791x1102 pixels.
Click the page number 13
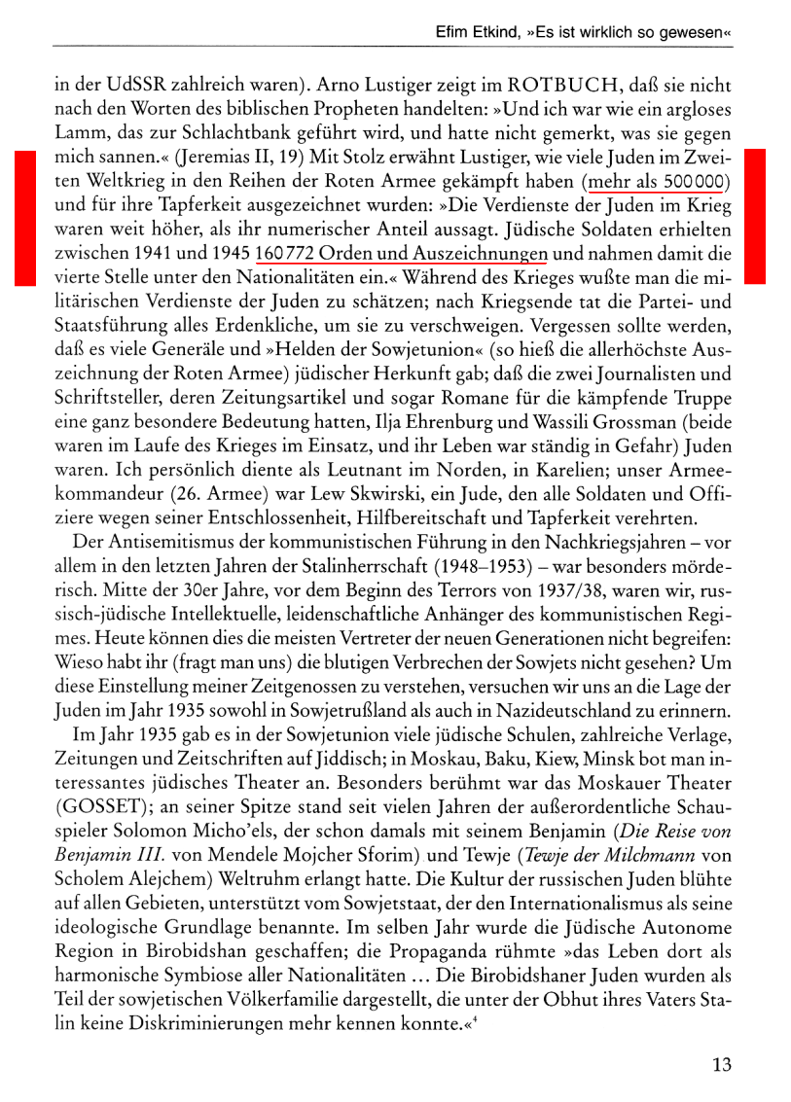[x=721, y=1063]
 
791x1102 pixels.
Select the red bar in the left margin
[x=23, y=218]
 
